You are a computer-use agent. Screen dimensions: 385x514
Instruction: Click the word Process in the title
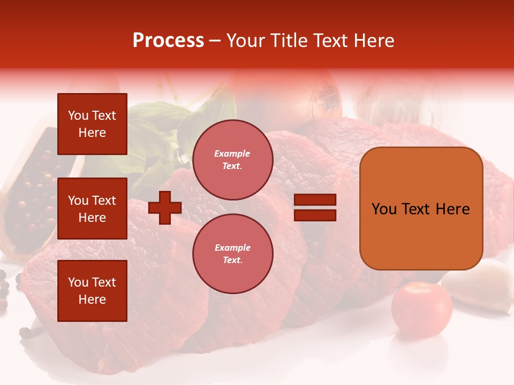[168, 41]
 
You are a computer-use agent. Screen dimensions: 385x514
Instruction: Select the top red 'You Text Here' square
[92, 124]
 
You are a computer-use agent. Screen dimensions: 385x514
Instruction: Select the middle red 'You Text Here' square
[92, 209]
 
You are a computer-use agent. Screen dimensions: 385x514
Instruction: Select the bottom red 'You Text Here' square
[92, 290]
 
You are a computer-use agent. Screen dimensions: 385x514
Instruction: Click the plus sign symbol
[165, 207]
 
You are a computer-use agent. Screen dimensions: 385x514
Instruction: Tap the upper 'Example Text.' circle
[232, 159]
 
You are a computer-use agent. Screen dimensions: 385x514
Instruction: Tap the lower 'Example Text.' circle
[232, 253]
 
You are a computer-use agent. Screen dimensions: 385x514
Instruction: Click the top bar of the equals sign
[315, 200]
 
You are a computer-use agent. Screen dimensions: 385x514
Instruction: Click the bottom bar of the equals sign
[315, 215]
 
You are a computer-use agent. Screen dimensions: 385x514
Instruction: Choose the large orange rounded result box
[421, 209]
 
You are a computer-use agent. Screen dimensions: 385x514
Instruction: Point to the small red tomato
[421, 310]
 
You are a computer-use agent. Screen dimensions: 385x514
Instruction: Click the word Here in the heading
[373, 41]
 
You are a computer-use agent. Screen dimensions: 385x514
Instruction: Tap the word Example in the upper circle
[232, 153]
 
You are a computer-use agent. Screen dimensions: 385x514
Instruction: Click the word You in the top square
[78, 115]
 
